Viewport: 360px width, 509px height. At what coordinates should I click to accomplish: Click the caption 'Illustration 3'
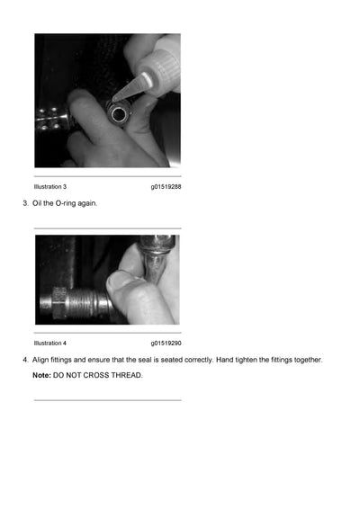click(50, 186)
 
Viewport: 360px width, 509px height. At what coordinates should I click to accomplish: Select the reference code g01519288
click(166, 186)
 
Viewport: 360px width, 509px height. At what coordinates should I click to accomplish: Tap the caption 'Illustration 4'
click(50, 343)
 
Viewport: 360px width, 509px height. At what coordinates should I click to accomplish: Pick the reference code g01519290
click(166, 343)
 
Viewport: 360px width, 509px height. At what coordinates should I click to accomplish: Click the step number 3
click(24, 203)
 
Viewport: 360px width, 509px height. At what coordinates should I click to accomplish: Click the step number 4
click(24, 360)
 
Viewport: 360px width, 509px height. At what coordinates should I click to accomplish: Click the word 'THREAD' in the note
click(125, 374)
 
